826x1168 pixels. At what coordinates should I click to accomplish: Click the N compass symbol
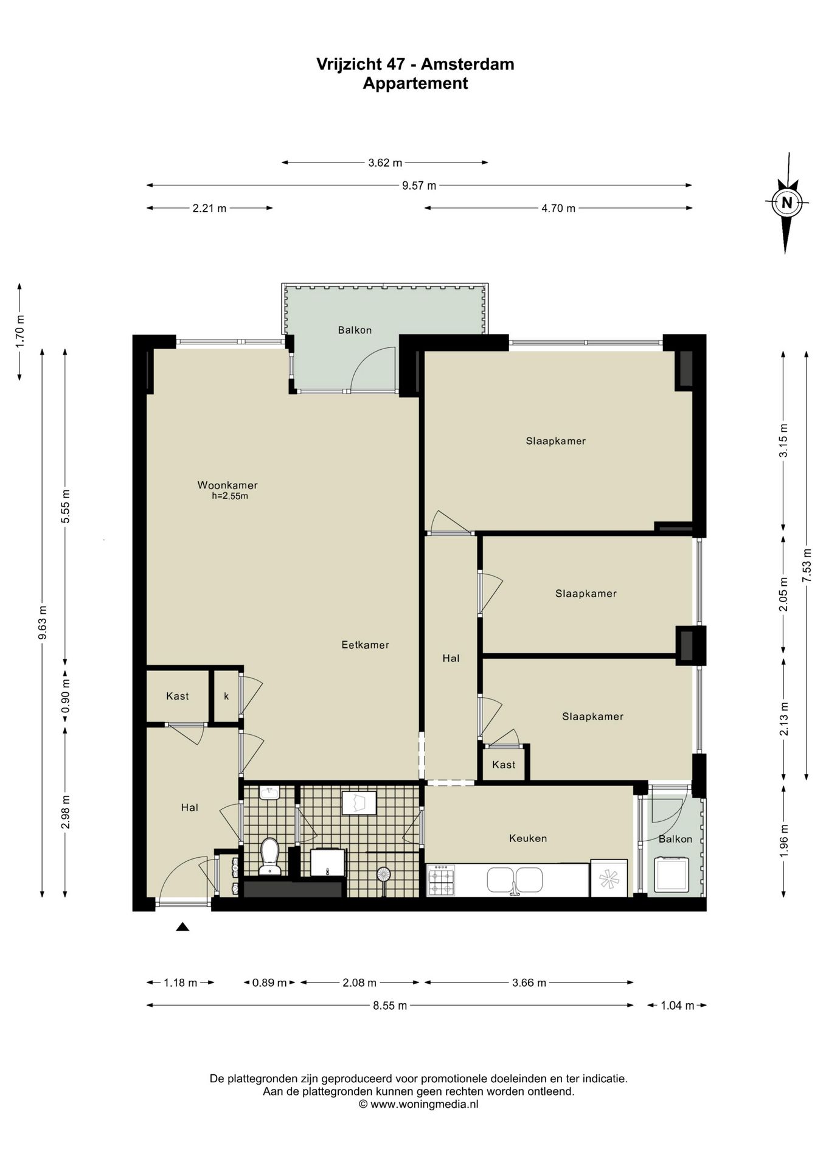(x=786, y=203)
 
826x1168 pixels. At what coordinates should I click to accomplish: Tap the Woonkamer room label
(x=227, y=485)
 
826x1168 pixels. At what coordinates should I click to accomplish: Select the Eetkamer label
(x=365, y=645)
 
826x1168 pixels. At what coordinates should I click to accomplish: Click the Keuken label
(x=528, y=838)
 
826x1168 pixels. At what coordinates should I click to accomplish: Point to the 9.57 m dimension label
(x=419, y=186)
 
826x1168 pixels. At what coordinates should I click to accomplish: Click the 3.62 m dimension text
(x=385, y=162)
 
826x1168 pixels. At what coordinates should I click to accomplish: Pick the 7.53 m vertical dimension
(x=807, y=566)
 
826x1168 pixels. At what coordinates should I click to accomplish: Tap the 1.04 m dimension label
(x=677, y=1006)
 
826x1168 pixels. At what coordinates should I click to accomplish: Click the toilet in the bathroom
(x=269, y=856)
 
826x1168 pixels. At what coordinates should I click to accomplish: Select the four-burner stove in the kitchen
(x=442, y=880)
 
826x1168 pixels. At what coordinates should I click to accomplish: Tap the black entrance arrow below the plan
(x=182, y=927)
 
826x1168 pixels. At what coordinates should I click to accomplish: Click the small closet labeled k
(x=226, y=696)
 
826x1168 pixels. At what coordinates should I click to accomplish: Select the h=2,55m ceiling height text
(x=230, y=496)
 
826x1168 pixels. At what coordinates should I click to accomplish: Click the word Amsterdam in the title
(x=467, y=64)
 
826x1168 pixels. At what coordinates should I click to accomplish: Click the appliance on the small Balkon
(x=671, y=874)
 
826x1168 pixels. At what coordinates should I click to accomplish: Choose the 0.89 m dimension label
(x=269, y=982)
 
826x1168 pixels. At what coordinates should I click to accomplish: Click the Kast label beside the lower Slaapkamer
(x=504, y=765)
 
